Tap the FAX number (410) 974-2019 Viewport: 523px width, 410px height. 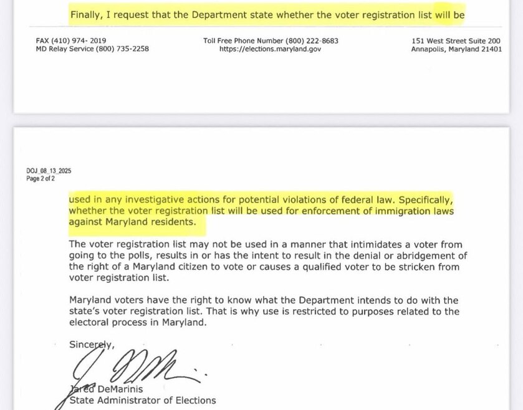(x=88, y=41)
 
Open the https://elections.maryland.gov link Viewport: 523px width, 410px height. (x=271, y=49)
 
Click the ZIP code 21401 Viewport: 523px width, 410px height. (x=489, y=49)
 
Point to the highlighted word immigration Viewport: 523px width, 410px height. (x=370, y=211)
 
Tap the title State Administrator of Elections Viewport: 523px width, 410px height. (x=143, y=401)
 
